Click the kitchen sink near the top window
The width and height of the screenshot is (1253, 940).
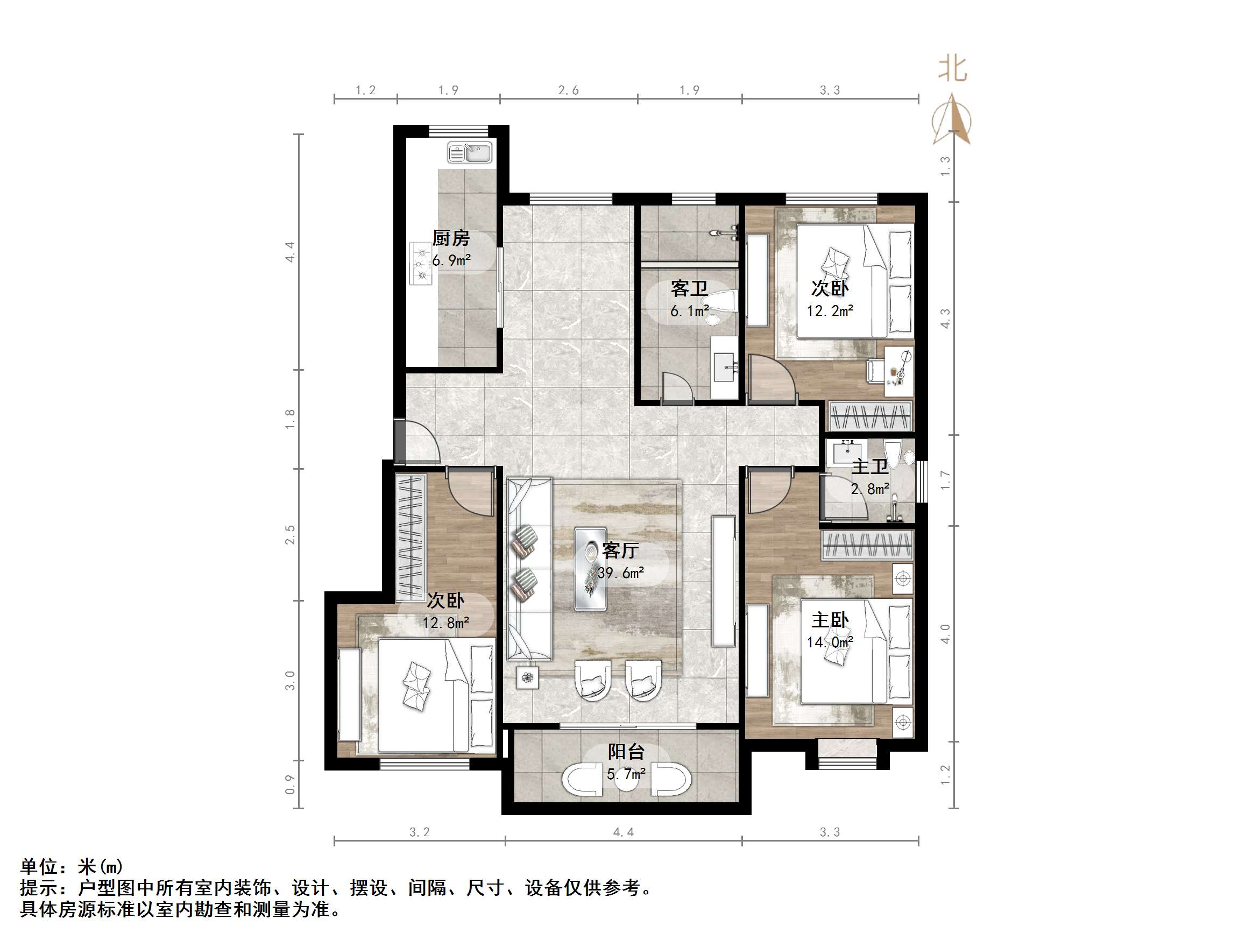tap(470, 153)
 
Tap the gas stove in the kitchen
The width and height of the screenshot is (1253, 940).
tap(420, 264)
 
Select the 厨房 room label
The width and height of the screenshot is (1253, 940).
tap(451, 238)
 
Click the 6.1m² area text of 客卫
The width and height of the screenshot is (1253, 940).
tap(689, 311)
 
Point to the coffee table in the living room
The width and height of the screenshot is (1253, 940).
tap(590, 569)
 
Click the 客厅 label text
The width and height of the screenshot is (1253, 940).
tap(620, 549)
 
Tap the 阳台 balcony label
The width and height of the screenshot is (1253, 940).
tap(626, 751)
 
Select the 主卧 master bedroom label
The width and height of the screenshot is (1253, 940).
tap(830, 620)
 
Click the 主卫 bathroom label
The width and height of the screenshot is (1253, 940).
tap(869, 467)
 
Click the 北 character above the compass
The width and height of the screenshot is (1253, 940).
tap(953, 69)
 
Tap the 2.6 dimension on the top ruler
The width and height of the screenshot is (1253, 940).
tap(568, 90)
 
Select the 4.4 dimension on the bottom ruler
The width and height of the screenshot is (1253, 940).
tap(623, 832)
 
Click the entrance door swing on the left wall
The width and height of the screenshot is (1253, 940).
tap(419, 445)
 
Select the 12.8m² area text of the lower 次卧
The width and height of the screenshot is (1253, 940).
tap(445, 623)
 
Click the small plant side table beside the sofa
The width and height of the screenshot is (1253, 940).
tap(528, 677)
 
